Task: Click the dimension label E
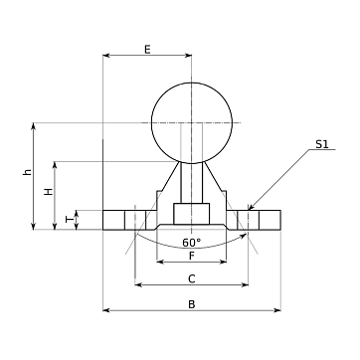tap(147, 50)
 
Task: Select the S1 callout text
tap(321, 144)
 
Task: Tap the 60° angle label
tap(192, 243)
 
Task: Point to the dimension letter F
tap(192, 256)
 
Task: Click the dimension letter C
tap(192, 279)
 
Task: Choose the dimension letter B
tap(192, 304)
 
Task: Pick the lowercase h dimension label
tap(28, 172)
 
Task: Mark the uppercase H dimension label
tap(49, 191)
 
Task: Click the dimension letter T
tap(70, 219)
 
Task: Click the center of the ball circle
tap(192, 122)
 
